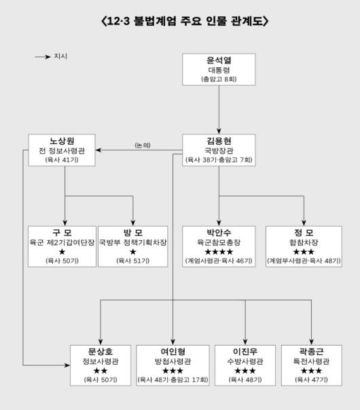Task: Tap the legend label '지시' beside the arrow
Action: click(x=60, y=56)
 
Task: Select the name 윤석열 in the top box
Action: click(x=219, y=59)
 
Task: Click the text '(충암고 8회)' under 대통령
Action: click(x=219, y=79)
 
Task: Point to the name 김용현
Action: click(x=219, y=140)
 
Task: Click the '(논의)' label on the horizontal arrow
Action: click(x=143, y=145)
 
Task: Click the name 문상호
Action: click(x=100, y=351)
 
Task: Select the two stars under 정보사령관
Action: click(x=100, y=371)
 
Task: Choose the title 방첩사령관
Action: click(x=173, y=361)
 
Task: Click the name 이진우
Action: click(x=245, y=351)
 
